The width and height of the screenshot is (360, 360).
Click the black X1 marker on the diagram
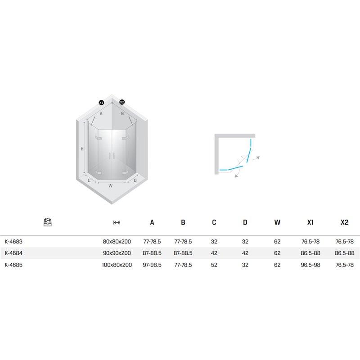101,103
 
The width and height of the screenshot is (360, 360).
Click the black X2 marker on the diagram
122,102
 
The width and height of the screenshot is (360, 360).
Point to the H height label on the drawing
82,149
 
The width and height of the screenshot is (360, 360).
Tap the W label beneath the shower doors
110,186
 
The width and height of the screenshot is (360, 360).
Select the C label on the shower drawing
89,180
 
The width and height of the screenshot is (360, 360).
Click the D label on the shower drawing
135,180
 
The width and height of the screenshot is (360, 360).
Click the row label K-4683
13,242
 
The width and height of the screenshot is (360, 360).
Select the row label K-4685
13,265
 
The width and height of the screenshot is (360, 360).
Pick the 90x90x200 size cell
117,253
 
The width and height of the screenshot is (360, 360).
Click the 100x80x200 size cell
117,265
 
